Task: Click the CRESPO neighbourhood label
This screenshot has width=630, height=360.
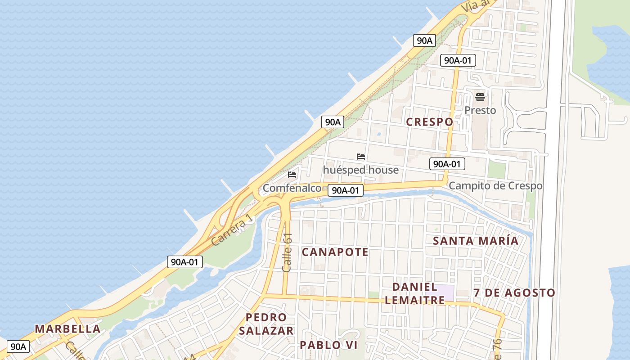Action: [x=429, y=122]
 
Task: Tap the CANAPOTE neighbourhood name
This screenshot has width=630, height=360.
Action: [x=335, y=252]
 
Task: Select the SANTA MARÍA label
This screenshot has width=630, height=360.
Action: [x=476, y=241]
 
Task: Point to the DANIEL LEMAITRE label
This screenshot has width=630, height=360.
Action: [x=414, y=293]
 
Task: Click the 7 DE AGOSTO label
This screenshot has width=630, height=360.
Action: [x=514, y=293]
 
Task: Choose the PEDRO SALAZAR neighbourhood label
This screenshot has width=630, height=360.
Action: [x=266, y=324]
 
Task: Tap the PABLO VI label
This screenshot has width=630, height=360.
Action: [x=328, y=345]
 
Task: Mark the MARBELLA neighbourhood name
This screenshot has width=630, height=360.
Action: [x=67, y=329]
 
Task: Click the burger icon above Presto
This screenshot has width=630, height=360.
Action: [x=480, y=97]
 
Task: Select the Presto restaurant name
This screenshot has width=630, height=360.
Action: [x=480, y=110]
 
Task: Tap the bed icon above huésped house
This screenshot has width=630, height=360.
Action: [x=360, y=157]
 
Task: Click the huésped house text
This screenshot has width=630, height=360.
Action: [x=360, y=170]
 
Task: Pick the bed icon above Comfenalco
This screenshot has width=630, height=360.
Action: [x=292, y=175]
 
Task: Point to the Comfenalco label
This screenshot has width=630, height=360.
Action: [x=292, y=188]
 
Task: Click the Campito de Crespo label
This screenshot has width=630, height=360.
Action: [x=495, y=185]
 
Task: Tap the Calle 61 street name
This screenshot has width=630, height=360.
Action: [x=287, y=252]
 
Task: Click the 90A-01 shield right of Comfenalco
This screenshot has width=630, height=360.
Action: [x=345, y=190]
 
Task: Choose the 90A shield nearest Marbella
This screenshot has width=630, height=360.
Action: [x=18, y=346]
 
